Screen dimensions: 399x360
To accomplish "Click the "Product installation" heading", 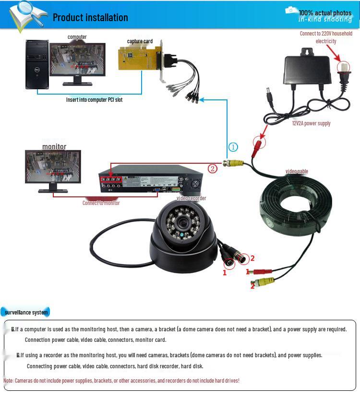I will point(90,18).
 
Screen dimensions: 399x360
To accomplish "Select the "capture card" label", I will point(140,41).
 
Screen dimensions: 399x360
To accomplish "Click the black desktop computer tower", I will point(37,65).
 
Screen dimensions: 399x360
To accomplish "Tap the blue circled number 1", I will point(233,147).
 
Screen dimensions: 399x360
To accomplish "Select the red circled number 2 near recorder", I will point(213,169).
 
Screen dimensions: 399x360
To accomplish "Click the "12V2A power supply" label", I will point(311,123).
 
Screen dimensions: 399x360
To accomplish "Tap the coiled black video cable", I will point(295,204).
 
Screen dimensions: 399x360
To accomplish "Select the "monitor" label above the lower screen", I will point(54,147).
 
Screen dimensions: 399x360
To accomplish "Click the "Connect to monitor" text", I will point(101,203).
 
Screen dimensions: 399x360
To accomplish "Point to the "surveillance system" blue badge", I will point(26,313).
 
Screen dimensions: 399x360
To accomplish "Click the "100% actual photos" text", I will point(325,12).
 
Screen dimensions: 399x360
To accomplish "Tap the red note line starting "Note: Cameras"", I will point(121,380).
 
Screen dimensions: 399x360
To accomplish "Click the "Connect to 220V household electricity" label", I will point(326,37).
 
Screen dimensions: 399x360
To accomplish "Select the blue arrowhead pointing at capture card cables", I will point(202,99).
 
